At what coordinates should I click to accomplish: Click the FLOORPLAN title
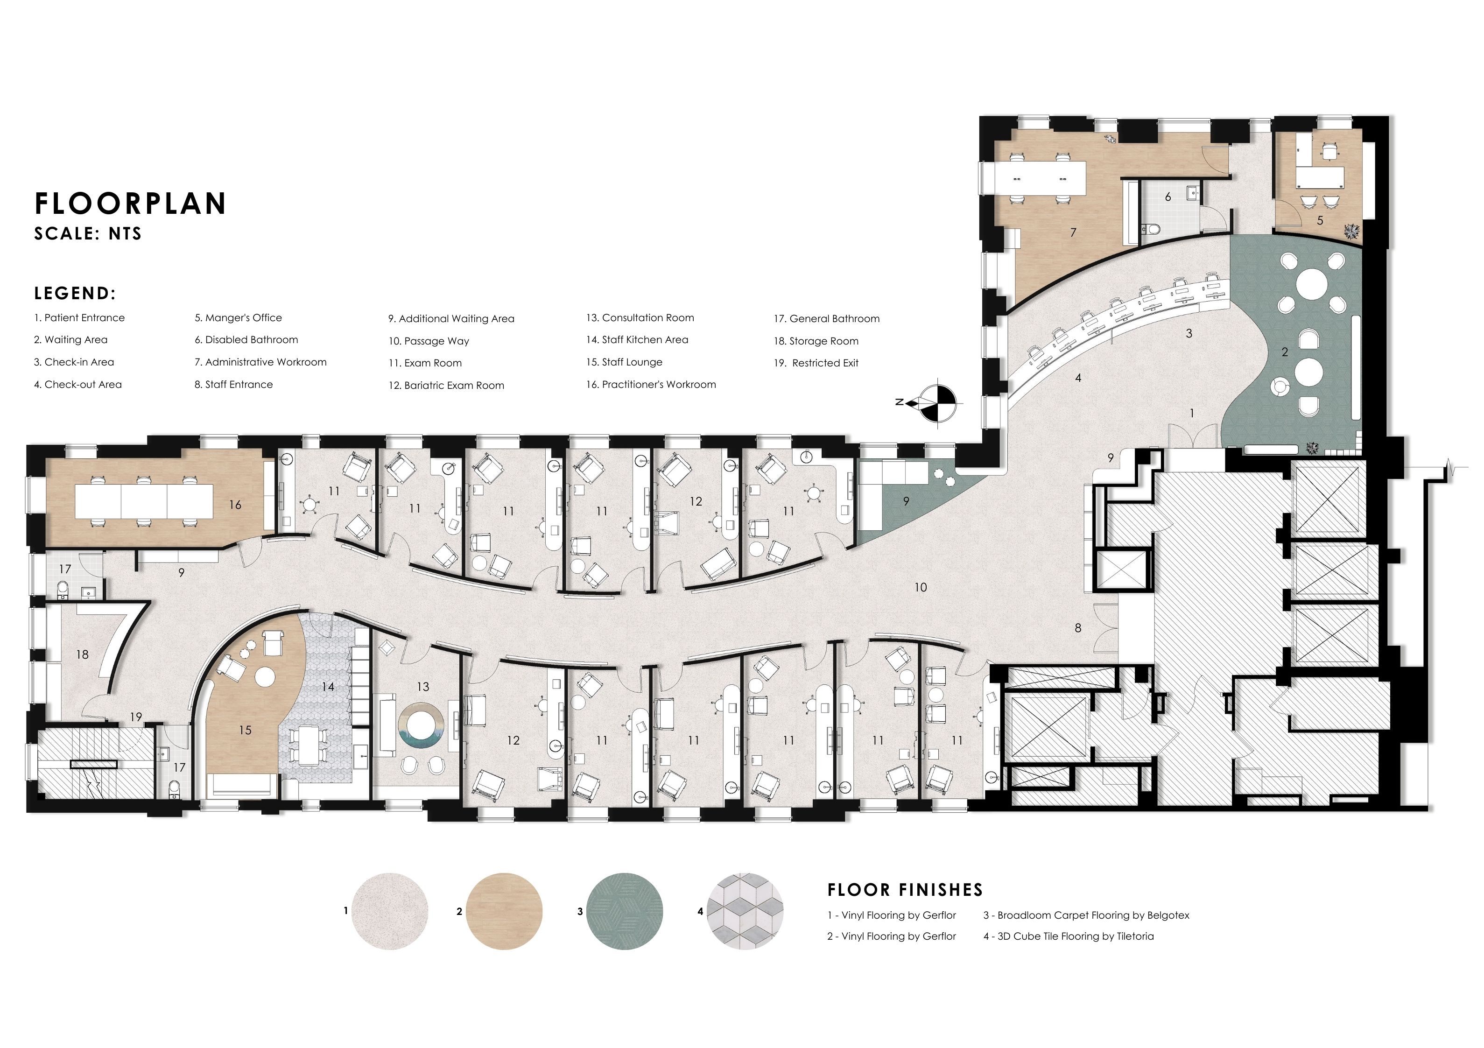pos(131,203)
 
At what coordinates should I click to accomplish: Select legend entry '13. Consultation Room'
pos(640,318)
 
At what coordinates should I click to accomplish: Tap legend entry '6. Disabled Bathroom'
pos(246,340)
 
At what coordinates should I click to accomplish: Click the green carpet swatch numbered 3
pos(625,912)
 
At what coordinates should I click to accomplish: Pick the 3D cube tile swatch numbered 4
pos(745,912)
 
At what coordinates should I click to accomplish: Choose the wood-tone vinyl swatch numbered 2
pos(504,912)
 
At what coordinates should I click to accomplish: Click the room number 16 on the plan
pos(235,505)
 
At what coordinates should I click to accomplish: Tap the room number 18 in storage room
pos(82,655)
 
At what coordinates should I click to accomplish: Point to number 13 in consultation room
pos(423,687)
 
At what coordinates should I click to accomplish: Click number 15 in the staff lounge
pos(245,731)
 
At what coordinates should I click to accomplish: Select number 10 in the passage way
pos(921,588)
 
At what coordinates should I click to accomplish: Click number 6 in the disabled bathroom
pos(1168,197)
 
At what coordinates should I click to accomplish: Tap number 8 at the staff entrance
pos(1077,628)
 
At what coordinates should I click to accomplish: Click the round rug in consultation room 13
pos(422,727)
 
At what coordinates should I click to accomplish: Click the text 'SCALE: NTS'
pos(88,234)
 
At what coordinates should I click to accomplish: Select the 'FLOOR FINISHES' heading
pos(905,890)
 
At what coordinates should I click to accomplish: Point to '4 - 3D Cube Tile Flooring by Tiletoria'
pos(1069,936)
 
